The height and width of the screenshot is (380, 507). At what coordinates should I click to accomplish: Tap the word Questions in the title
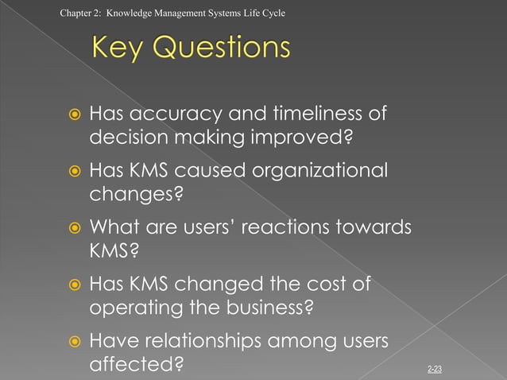223,48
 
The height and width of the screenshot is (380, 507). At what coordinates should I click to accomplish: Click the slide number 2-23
435,369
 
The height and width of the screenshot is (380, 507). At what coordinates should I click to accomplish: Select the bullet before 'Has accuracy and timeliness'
70,114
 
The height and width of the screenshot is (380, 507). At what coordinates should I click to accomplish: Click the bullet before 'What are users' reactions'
70,229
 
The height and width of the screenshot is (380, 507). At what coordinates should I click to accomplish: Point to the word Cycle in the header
273,14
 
